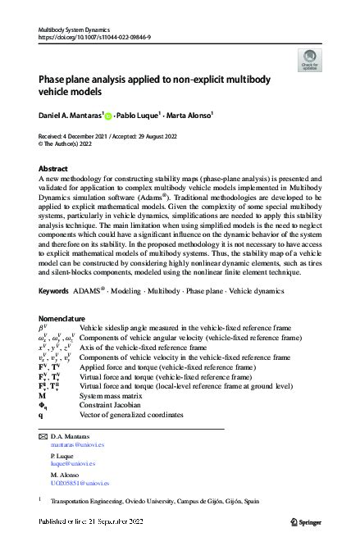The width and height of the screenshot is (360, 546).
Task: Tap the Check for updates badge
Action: (308, 58)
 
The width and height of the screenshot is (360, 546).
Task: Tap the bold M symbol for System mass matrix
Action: (43, 395)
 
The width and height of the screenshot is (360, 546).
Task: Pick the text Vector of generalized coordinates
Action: (131, 415)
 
